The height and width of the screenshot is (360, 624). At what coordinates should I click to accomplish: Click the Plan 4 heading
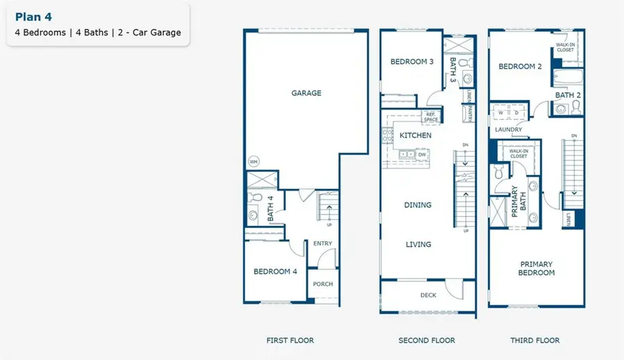[33, 17]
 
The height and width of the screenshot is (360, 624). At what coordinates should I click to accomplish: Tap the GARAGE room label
[306, 93]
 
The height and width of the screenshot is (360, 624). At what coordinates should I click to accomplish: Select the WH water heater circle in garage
[254, 162]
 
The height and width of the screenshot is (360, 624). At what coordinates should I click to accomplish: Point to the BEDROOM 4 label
[275, 271]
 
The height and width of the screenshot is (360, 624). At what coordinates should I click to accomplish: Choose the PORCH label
[323, 284]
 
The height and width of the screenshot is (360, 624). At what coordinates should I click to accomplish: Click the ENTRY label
[322, 243]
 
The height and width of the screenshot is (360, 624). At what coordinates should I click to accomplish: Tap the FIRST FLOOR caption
[290, 341]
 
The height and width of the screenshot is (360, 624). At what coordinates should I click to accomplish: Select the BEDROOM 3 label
[412, 62]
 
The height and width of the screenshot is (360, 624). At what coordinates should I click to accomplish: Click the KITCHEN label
[415, 135]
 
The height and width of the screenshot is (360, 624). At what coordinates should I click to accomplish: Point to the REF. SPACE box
[431, 117]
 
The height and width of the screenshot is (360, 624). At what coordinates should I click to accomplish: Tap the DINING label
[418, 205]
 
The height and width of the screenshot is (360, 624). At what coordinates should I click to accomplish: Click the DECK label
[428, 295]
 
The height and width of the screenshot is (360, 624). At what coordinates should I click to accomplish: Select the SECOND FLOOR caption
[426, 341]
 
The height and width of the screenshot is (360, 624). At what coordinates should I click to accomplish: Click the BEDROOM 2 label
[520, 67]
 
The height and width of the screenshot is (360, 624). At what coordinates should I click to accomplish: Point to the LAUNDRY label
[508, 129]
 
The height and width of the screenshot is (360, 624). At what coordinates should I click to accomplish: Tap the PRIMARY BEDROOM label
[537, 268]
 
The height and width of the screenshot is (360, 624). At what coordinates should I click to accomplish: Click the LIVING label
[418, 244]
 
